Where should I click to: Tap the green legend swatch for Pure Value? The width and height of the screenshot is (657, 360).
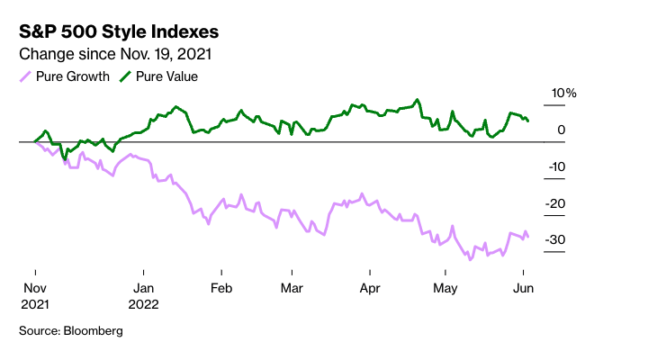[124, 76]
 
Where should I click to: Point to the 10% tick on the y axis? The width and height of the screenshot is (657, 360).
[563, 94]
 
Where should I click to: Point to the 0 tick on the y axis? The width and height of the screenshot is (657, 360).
[561, 130]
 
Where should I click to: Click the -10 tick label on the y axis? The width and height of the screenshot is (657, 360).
[556, 166]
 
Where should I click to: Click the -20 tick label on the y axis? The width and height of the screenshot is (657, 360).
[556, 203]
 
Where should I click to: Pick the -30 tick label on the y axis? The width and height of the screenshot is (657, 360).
[556, 240]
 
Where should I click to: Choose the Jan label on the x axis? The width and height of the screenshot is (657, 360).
[142, 288]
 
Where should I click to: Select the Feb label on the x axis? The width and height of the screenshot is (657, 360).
[220, 288]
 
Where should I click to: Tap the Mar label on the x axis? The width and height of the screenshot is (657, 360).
[291, 288]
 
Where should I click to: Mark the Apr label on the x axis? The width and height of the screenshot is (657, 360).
[369, 288]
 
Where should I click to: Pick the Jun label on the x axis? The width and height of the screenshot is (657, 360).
[522, 288]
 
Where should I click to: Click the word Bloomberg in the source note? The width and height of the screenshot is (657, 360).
[93, 331]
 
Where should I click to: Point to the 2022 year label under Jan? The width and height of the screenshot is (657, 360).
[144, 304]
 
